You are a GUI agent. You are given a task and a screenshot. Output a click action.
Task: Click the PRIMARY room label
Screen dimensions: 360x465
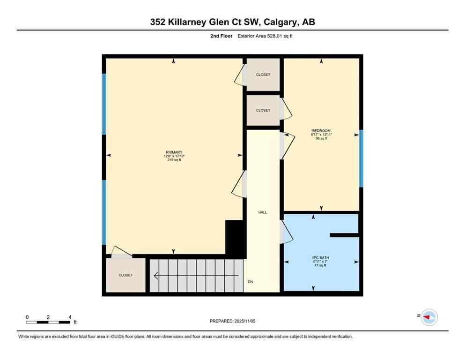pyautogui.click(x=173, y=152)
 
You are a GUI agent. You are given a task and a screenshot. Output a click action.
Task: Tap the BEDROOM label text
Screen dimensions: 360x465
pyautogui.click(x=321, y=130)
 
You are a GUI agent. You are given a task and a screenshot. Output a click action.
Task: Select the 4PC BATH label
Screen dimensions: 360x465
pyautogui.click(x=318, y=257)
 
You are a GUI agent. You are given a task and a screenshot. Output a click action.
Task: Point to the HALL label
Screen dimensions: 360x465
pyautogui.click(x=263, y=212)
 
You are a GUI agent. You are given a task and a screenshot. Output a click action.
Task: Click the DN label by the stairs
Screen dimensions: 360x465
pyautogui.click(x=251, y=282)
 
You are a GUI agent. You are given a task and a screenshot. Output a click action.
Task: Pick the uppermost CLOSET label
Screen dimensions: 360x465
pyautogui.click(x=263, y=75)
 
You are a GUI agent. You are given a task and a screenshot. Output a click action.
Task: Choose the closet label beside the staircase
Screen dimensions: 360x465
pyautogui.click(x=125, y=275)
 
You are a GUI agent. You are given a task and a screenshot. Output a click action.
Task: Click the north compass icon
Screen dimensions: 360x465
pyautogui.click(x=429, y=317)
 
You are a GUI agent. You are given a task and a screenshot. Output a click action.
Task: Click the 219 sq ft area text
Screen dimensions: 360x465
pyautogui.click(x=173, y=160)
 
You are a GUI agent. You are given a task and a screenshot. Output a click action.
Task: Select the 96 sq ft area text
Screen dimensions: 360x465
pyautogui.click(x=321, y=139)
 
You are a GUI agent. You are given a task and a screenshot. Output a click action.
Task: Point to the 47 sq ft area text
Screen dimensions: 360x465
pyautogui.click(x=318, y=265)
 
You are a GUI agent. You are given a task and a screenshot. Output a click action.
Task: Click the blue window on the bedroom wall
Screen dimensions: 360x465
pyautogui.click(x=361, y=158)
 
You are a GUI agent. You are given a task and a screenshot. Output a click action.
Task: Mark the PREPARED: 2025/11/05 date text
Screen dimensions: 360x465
pyautogui.click(x=233, y=321)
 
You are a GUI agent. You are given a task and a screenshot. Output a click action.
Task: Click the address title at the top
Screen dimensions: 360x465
pyautogui.click(x=232, y=22)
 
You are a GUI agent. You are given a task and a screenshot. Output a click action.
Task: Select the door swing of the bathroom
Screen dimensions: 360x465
pyautogui.click(x=286, y=232)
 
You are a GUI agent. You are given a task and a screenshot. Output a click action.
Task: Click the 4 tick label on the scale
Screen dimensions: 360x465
pyautogui.click(x=70, y=317)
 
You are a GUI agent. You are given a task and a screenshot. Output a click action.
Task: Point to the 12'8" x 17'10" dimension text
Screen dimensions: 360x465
pyautogui.click(x=173, y=156)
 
